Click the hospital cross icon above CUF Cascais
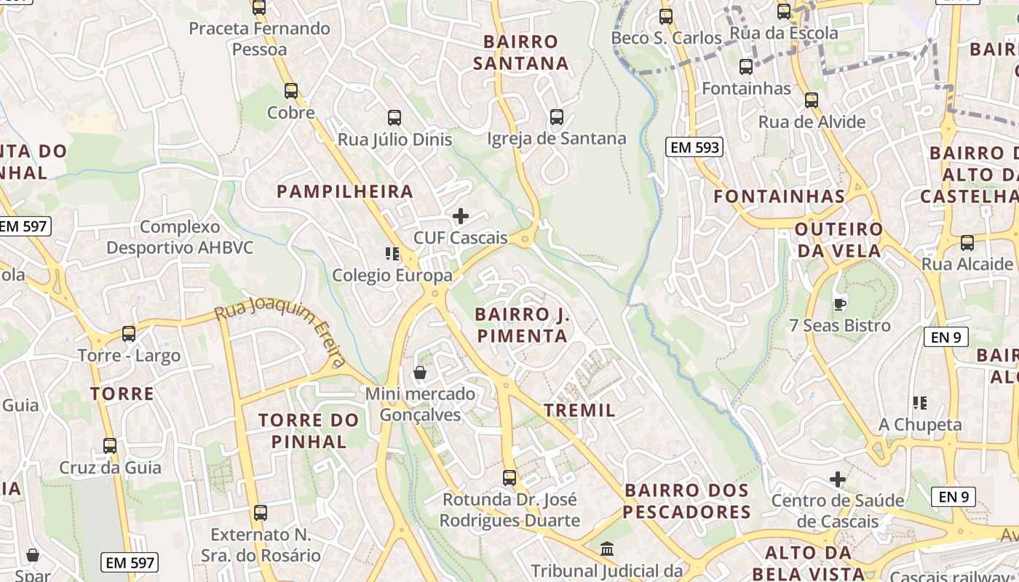point(460,216)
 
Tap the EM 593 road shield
point(694,148)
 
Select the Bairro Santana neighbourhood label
point(520,52)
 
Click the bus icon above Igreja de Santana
point(557,116)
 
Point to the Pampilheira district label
point(345,192)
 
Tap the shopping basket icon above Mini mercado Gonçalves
point(420,373)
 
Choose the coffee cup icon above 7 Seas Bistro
point(839,304)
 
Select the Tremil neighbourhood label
point(579,410)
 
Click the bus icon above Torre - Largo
point(129,334)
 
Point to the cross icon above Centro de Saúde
point(838,479)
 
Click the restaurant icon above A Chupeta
point(920,402)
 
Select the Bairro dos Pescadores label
point(686,501)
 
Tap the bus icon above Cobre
point(291,91)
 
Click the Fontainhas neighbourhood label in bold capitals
point(779,196)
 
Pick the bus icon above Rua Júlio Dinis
point(394,117)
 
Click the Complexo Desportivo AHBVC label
point(180,237)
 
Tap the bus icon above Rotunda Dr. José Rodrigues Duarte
point(509,478)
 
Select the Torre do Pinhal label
point(309,431)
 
